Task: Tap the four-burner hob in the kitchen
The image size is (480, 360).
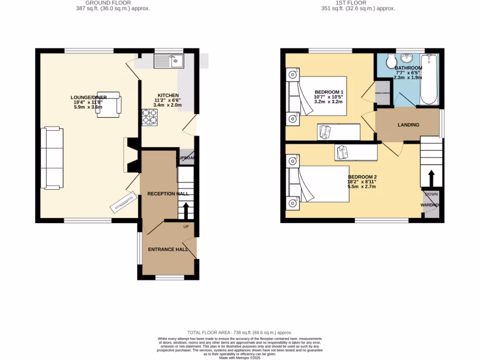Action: point(150,118)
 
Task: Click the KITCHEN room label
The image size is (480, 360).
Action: point(167,95)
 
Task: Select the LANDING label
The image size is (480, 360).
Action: point(408,125)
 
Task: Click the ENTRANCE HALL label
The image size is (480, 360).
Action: point(168,249)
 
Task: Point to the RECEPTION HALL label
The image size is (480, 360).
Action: point(168,194)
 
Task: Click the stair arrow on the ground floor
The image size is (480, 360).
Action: point(186,211)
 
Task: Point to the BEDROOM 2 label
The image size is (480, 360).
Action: point(362,177)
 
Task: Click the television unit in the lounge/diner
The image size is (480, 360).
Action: point(124,202)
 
